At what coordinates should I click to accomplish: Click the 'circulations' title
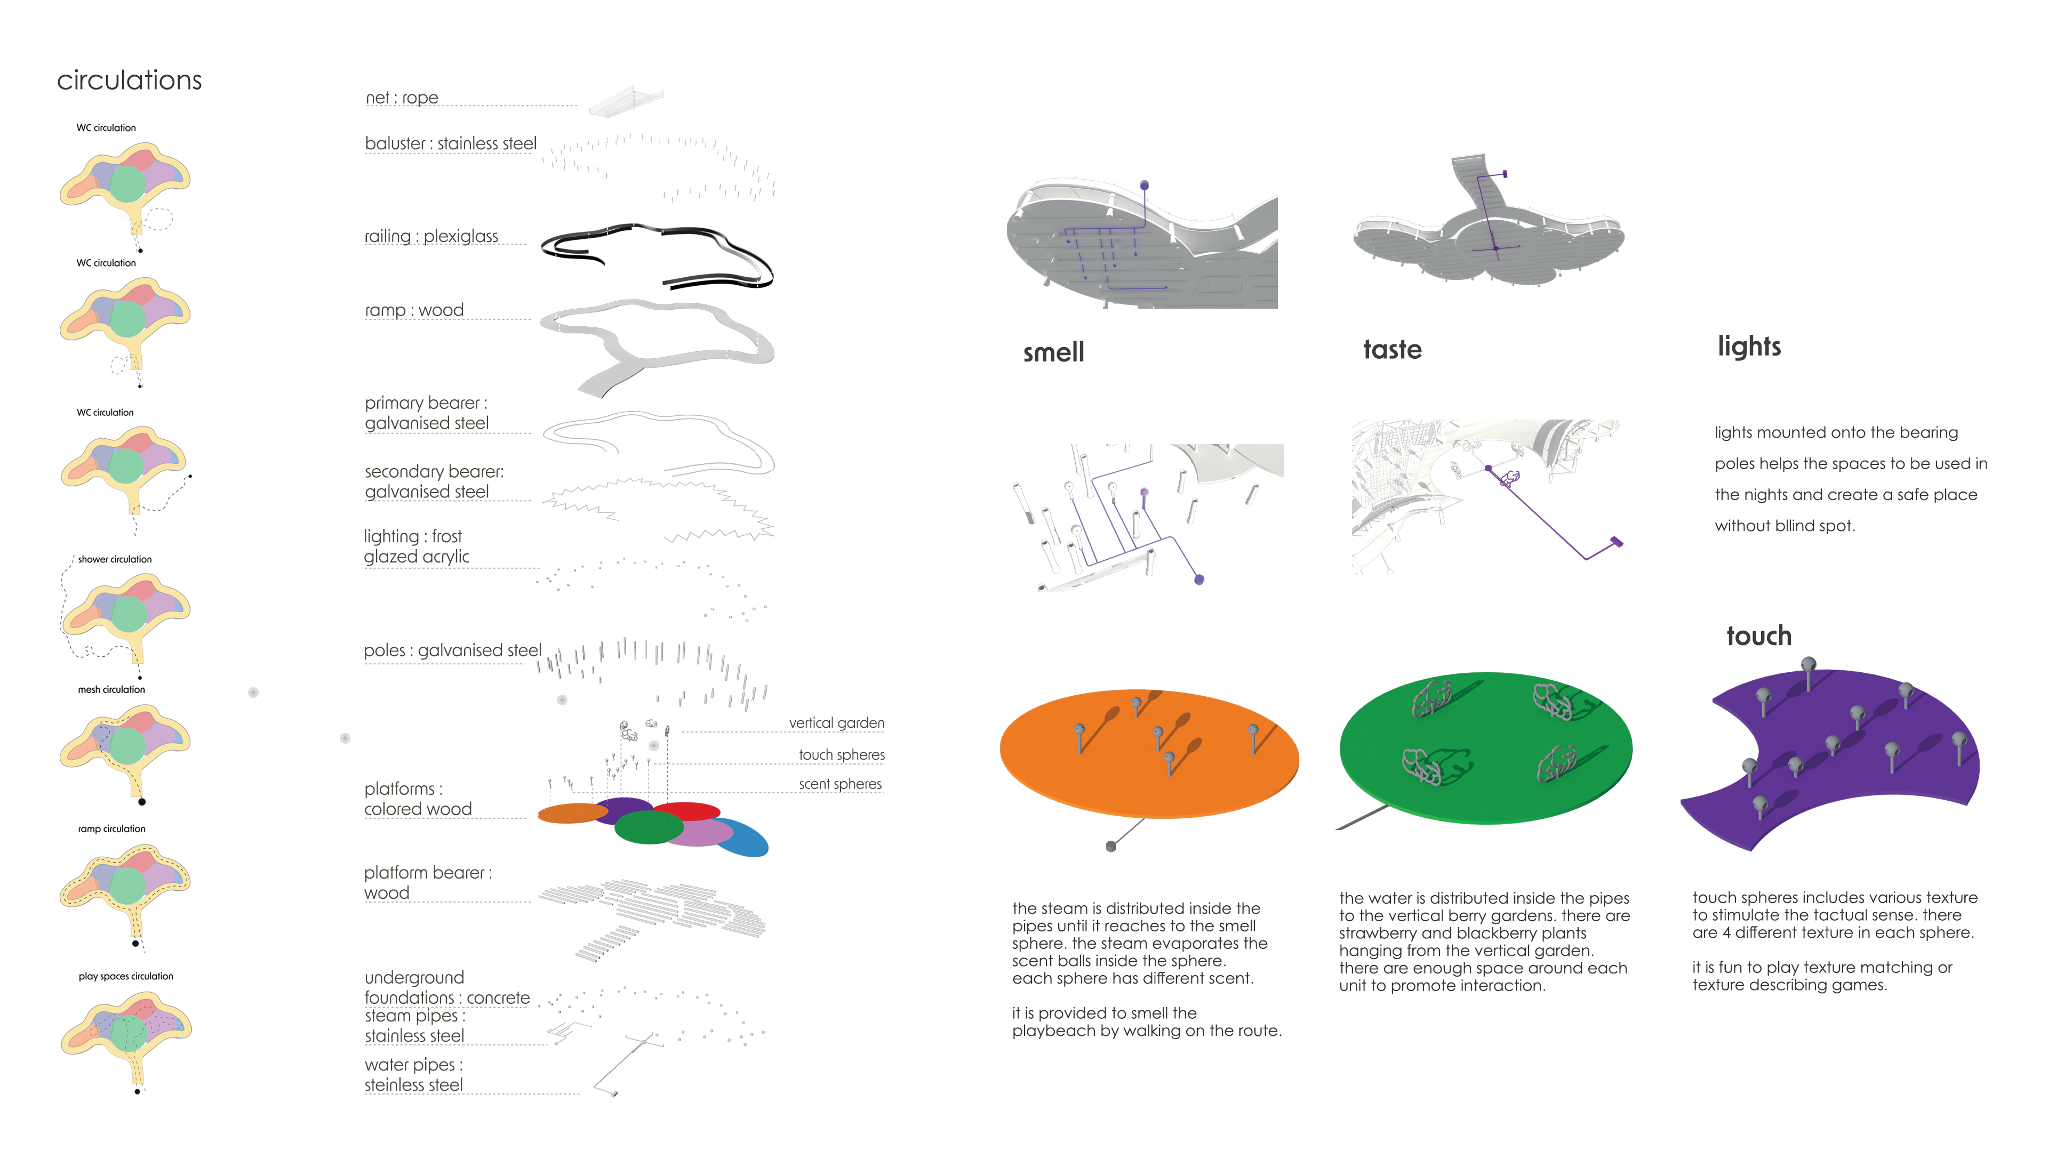point(130,81)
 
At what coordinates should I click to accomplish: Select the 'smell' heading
point(1053,352)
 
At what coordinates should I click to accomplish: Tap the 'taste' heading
point(1392,350)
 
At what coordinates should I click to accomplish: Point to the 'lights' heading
point(1749,347)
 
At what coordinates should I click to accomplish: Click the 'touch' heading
point(1758,636)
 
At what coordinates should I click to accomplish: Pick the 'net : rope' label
point(402,98)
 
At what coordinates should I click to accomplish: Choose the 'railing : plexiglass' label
point(431,236)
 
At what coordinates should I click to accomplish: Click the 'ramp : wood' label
point(414,310)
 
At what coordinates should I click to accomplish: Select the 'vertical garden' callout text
point(836,722)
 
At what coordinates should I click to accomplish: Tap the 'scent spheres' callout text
point(841,784)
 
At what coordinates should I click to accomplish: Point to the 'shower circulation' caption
point(115,560)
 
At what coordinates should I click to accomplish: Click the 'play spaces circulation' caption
point(126,976)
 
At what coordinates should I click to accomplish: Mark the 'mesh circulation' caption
point(111,690)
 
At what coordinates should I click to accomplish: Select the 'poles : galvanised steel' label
point(452,650)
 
